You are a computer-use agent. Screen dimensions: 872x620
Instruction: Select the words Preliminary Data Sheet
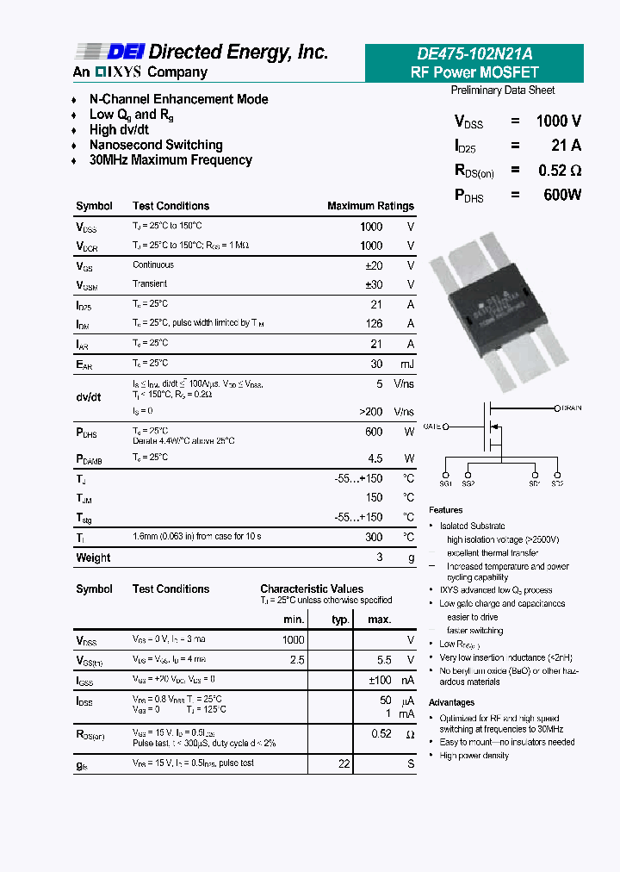(503, 90)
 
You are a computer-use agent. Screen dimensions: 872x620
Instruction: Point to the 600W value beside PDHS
(562, 196)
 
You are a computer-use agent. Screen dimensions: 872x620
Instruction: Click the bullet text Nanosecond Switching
(156, 145)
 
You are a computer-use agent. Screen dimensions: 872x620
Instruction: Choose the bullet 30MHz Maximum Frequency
(170, 160)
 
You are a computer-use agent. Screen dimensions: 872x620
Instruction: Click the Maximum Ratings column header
(370, 206)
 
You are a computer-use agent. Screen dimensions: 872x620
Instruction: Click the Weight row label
(93, 557)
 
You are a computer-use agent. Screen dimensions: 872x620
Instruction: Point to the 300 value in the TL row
(373, 537)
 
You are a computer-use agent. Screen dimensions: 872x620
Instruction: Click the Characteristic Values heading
(312, 589)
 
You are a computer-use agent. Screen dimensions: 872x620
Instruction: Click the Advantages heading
(451, 702)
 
